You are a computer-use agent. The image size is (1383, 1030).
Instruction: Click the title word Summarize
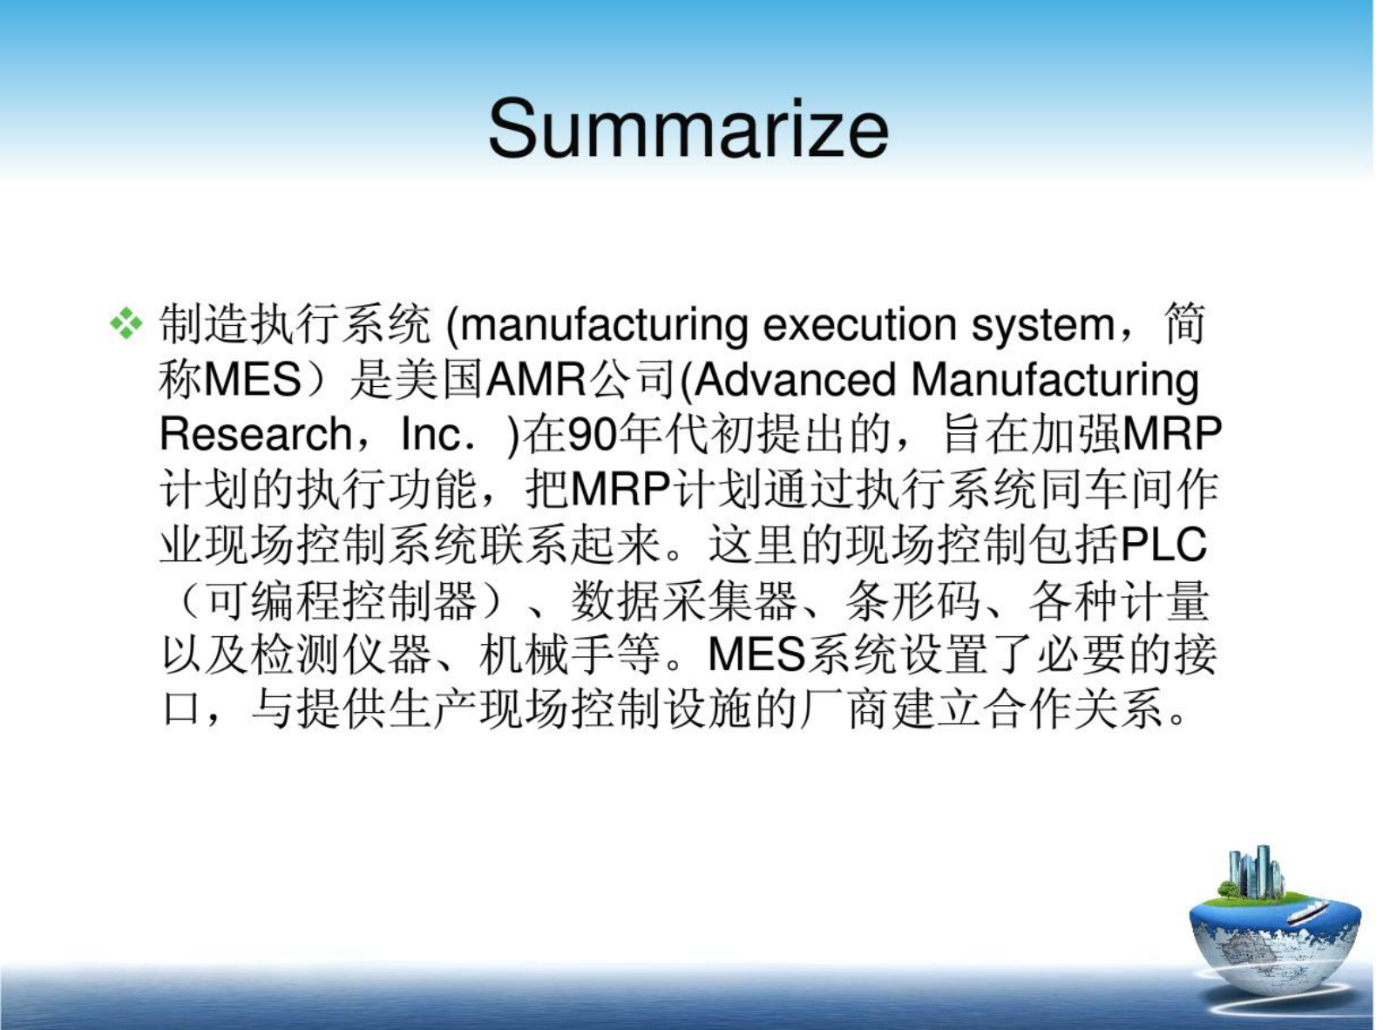coord(688,129)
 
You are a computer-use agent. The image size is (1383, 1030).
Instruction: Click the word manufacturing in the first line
coord(603,325)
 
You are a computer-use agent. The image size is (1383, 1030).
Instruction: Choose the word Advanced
coord(795,380)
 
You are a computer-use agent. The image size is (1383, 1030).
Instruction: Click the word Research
coord(254,434)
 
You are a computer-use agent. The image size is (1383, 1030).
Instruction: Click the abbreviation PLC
coord(1164,545)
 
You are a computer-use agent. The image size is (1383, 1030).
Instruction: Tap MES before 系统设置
coord(756,655)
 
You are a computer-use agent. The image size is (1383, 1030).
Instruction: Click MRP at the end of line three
coord(1173,434)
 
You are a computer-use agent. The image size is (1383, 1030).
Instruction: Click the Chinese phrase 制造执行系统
coord(295,325)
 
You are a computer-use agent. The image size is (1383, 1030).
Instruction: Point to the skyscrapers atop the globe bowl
coord(1255,871)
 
